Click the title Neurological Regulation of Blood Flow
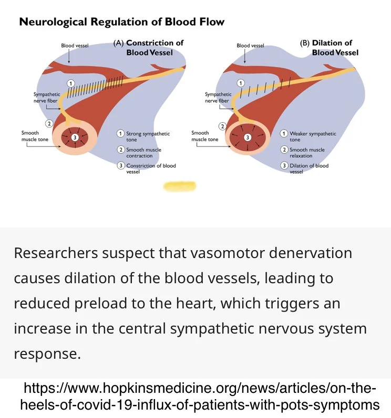click(x=122, y=22)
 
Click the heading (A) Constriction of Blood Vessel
click(x=149, y=47)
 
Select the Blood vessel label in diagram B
click(x=250, y=46)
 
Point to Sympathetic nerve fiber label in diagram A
click(x=47, y=98)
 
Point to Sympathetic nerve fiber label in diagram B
click(x=218, y=98)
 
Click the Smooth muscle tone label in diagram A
click(x=35, y=136)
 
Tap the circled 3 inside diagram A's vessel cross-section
click(x=75, y=137)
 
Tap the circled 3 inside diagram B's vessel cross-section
click(x=248, y=137)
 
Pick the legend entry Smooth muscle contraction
click(x=143, y=153)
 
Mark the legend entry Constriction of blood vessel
click(x=150, y=168)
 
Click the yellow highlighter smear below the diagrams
click(x=180, y=186)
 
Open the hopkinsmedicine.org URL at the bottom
click(x=200, y=397)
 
